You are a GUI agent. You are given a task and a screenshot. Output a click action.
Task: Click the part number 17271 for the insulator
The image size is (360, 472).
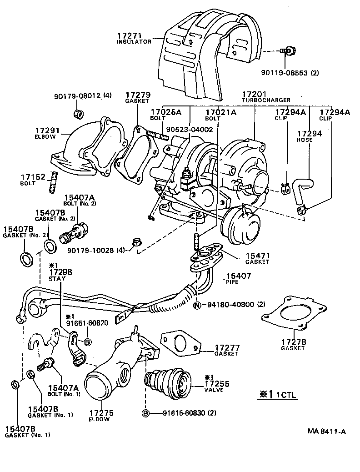(130, 35)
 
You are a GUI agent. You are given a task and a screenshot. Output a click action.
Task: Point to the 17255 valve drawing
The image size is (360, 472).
(171, 384)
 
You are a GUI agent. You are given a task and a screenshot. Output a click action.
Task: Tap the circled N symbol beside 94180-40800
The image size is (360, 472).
(197, 305)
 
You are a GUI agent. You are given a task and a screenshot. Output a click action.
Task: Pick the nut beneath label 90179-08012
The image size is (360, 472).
(78, 112)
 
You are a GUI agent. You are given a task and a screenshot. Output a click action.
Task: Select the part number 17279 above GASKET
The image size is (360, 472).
(138, 95)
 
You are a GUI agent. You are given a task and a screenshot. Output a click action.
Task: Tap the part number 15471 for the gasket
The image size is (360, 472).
(257, 256)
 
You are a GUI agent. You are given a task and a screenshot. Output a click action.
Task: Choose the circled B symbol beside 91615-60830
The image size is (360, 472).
(146, 413)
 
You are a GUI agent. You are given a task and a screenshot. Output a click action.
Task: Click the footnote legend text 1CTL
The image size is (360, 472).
(286, 395)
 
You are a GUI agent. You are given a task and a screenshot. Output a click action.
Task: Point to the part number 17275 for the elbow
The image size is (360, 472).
(101, 413)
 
